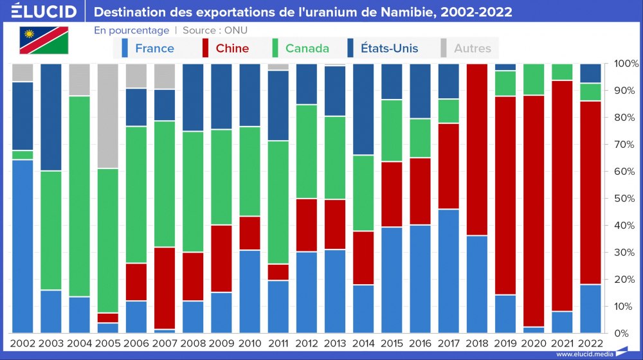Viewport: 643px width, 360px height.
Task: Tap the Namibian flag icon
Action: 43,40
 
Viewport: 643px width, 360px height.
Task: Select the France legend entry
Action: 154,48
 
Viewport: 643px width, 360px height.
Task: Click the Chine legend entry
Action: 232,48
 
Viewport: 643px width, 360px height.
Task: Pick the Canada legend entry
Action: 307,48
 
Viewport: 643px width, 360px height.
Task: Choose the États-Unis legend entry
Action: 389,48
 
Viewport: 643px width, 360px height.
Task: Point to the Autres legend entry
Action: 472,48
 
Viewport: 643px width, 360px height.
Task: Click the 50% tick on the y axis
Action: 626,198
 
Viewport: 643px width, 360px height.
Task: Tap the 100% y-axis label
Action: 626,64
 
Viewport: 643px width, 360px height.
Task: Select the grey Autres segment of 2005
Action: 107,116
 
